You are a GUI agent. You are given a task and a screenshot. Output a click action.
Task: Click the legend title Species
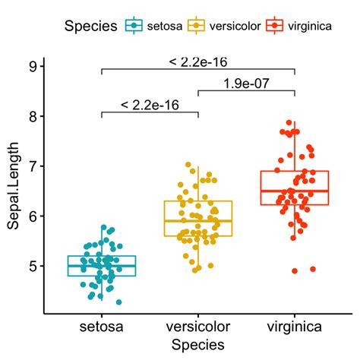click(x=90, y=27)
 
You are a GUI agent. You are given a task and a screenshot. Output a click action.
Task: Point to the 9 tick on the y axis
click(x=33, y=66)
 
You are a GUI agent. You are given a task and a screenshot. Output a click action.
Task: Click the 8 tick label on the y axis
click(x=33, y=116)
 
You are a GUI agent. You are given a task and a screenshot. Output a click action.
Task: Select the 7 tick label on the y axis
click(x=33, y=166)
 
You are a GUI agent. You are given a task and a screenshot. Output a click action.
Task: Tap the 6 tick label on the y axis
click(x=33, y=216)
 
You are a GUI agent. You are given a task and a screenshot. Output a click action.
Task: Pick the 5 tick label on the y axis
click(x=33, y=266)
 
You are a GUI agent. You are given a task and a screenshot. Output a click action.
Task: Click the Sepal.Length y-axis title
click(x=12, y=185)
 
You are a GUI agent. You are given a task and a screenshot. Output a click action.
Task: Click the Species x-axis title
click(x=197, y=344)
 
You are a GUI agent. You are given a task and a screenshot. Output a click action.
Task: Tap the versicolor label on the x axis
click(x=197, y=327)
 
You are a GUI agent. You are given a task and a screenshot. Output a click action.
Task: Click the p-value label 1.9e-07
click(x=246, y=84)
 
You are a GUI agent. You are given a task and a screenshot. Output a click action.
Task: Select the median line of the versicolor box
click(x=197, y=220)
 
